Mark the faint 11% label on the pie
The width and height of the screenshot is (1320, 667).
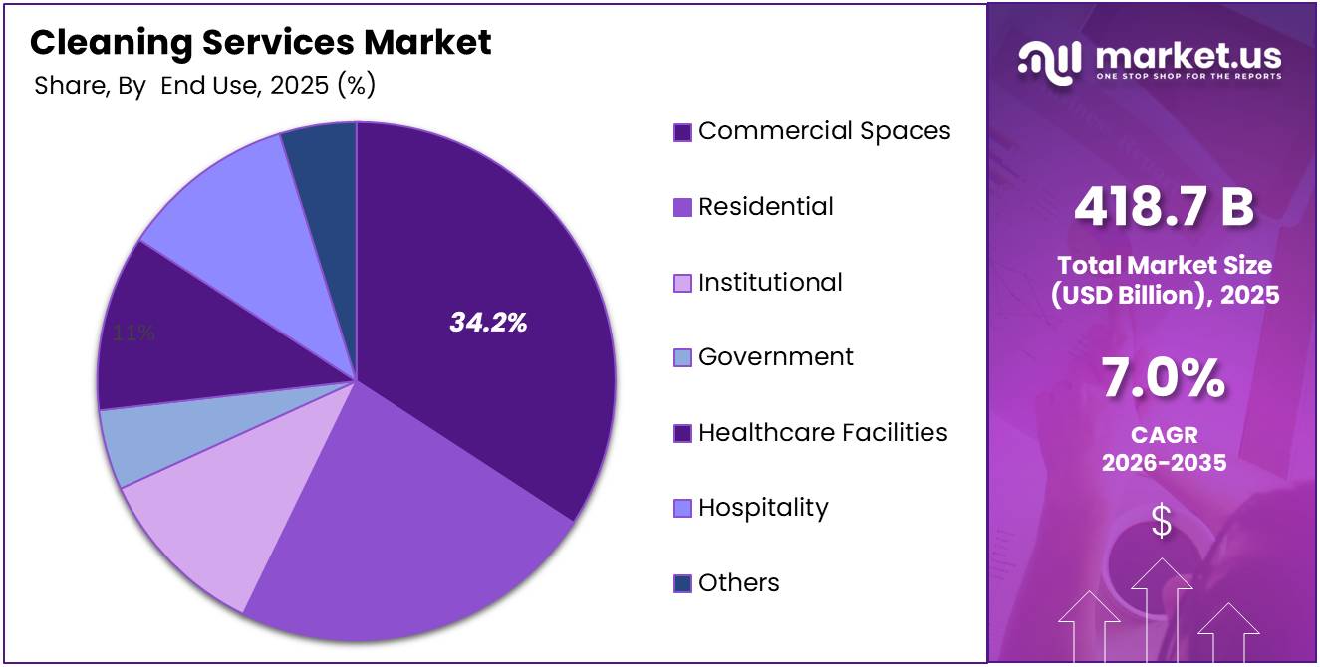[x=132, y=333]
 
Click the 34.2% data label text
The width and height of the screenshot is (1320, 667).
[x=488, y=323]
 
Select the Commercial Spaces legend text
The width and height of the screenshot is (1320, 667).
[x=824, y=131]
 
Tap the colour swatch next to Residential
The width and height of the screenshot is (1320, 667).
[x=682, y=208]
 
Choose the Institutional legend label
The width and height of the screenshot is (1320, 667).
[x=770, y=283]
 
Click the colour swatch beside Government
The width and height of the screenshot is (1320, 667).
[x=682, y=358]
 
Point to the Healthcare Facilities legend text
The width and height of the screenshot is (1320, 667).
[x=823, y=433]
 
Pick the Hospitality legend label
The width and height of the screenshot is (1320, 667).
[x=763, y=508]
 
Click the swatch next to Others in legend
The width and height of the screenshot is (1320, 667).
[x=682, y=584]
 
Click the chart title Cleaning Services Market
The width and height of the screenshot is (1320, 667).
[x=260, y=42]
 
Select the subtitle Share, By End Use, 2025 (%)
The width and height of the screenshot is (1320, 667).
[x=204, y=86]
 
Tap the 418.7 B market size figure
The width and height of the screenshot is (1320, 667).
[x=1163, y=208]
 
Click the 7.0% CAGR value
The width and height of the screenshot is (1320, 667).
[x=1163, y=379]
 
